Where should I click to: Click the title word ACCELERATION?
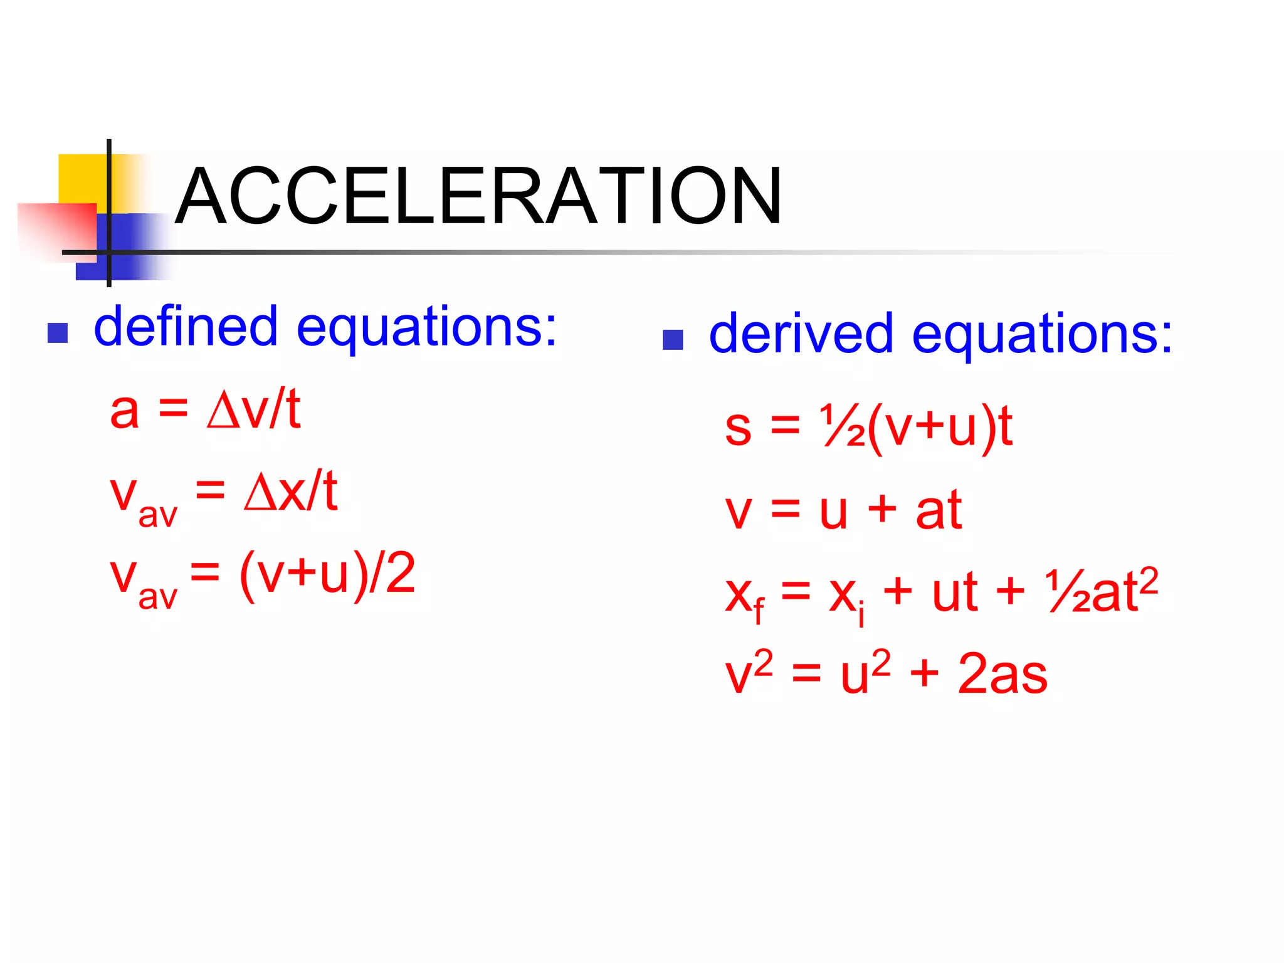coord(478,196)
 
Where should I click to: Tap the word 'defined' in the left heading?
coord(186,327)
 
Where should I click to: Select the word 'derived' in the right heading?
coord(801,334)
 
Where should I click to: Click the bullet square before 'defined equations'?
coord(58,333)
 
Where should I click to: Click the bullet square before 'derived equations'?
coord(673,340)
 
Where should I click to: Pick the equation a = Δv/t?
coord(204,411)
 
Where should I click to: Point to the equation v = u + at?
coord(843,510)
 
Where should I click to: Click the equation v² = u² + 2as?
coord(885,675)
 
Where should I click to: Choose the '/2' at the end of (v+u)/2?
coord(392,573)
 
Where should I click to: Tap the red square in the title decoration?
coord(56,229)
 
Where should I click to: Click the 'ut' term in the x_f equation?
coord(954,592)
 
